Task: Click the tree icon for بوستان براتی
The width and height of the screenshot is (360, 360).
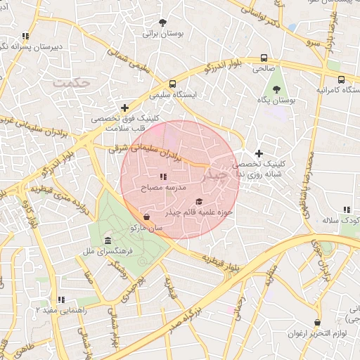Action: pyautogui.click(x=163, y=22)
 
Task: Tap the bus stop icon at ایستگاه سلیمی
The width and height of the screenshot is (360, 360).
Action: pyautogui.click(x=172, y=84)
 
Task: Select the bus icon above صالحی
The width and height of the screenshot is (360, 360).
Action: pyautogui.click(x=264, y=58)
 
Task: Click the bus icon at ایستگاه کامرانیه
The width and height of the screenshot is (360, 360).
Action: pyautogui.click(x=341, y=79)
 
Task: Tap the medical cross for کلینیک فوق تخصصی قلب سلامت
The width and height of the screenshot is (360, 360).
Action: pyautogui.click(x=124, y=108)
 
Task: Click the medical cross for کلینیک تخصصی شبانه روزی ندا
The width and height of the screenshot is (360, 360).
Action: pyautogui.click(x=259, y=153)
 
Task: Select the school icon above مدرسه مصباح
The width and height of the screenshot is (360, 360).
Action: pyautogui.click(x=162, y=177)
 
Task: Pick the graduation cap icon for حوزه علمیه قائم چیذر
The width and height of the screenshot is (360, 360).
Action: pyautogui.click(x=198, y=201)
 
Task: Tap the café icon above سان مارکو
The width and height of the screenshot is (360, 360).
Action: pyautogui.click(x=146, y=217)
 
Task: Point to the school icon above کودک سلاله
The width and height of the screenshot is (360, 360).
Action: pyautogui.click(x=346, y=210)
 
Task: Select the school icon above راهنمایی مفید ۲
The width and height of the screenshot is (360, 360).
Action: pyautogui.click(x=60, y=300)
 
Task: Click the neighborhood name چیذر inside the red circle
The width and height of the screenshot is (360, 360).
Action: pyautogui.click(x=215, y=176)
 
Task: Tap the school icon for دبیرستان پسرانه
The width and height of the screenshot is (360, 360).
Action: pyautogui.click(x=25, y=36)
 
